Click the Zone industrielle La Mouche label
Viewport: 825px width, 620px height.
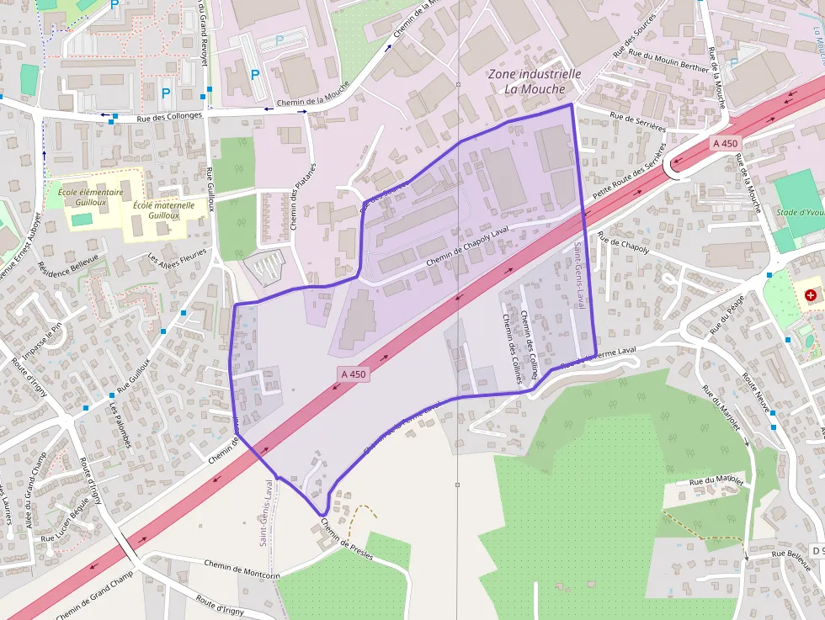tap(534, 82)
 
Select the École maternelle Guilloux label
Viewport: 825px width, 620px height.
tap(163, 210)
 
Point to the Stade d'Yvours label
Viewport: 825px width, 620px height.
tap(800, 212)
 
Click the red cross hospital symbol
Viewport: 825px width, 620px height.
tap(810, 296)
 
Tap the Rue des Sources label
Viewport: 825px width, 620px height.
tap(635, 40)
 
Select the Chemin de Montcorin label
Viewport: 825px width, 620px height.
tap(241, 569)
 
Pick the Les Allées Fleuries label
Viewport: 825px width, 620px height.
tap(177, 264)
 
